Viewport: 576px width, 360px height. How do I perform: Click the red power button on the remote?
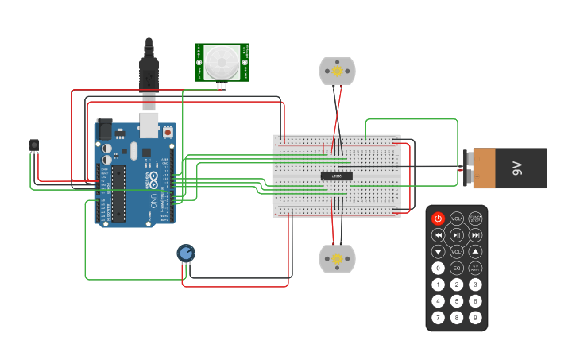pyautogui.click(x=438, y=218)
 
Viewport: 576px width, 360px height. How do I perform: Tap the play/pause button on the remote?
pyautogui.click(x=457, y=235)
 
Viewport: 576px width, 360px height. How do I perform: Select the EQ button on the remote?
pyautogui.click(x=457, y=268)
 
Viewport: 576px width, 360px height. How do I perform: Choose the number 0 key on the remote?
pyautogui.click(x=438, y=268)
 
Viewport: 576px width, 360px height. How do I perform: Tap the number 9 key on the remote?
pyautogui.click(x=475, y=318)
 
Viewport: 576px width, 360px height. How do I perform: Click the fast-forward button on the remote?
pyautogui.click(x=475, y=235)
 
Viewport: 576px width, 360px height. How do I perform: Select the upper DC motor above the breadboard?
pyautogui.click(x=337, y=72)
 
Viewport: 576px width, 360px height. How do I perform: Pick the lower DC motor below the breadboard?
pyautogui.click(x=337, y=259)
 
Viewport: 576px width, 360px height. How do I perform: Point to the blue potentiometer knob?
pyautogui.click(x=186, y=253)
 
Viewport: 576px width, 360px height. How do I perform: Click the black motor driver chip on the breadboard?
pyautogui.click(x=337, y=176)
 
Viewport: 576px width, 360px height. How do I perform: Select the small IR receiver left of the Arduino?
pyautogui.click(x=33, y=145)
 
